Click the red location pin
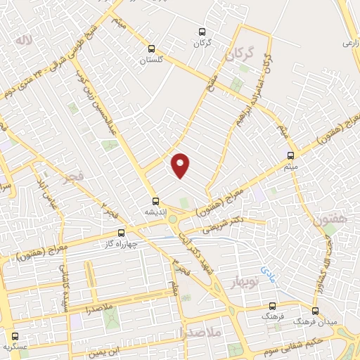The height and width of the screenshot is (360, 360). tap(181, 165)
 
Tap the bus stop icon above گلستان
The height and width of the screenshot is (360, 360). tap(151, 49)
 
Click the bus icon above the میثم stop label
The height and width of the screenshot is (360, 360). tap(290, 155)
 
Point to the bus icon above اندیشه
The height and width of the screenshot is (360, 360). tap(155, 201)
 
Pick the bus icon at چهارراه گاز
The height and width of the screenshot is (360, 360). tap(122, 233)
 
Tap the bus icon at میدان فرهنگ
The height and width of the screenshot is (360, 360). tap(315, 311)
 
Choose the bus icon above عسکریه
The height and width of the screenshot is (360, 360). tap(15, 336)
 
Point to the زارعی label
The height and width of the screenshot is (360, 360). tap(351, 43)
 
